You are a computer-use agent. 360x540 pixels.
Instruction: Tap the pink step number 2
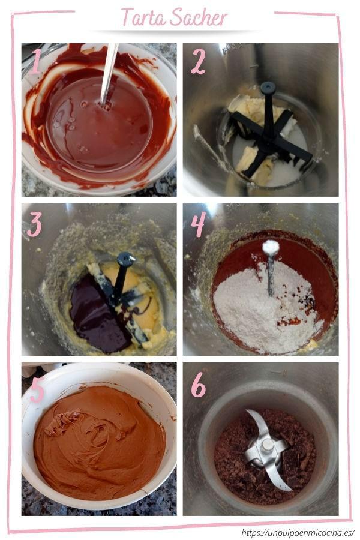pos(198,61)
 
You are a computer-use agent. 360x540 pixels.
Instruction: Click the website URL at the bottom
pos(298,532)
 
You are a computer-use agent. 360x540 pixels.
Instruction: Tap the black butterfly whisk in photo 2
pos(270,132)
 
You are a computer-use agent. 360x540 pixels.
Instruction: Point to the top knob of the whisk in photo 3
pos(126,259)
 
